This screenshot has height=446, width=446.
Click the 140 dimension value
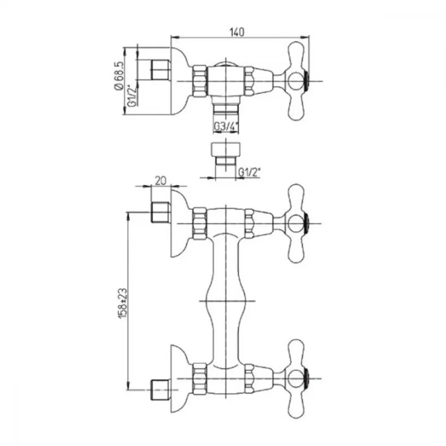point(237,32)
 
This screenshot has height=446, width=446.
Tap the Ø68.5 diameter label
point(119,76)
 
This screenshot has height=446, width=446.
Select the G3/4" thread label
point(226,127)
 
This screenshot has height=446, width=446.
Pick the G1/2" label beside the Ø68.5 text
point(132,95)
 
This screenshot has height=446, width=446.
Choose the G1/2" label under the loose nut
point(249,172)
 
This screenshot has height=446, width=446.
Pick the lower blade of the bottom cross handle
point(297,402)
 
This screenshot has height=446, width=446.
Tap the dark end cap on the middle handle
point(307,223)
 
